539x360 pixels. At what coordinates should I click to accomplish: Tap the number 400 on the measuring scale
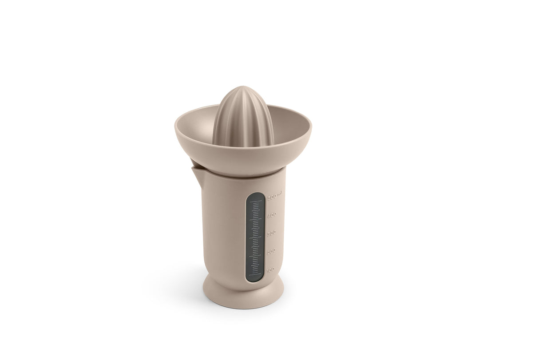tap(272, 214)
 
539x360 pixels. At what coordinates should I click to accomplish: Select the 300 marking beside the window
tap(272, 233)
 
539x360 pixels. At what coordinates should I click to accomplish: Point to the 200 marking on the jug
tap(271, 251)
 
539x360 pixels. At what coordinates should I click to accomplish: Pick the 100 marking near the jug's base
tap(270, 269)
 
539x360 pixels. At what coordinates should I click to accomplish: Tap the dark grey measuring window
tap(255, 237)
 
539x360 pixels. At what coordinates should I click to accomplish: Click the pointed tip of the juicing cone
tap(243, 87)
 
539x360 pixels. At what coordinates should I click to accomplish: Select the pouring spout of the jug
tap(195, 169)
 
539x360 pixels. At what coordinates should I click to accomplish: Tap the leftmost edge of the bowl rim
tap(176, 126)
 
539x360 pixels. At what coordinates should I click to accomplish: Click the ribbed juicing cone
tap(243, 118)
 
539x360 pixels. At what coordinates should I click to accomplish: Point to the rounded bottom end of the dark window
tap(255, 279)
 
